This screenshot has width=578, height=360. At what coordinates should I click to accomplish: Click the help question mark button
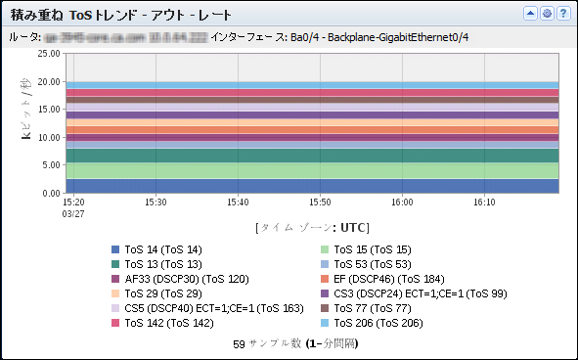(x=563, y=14)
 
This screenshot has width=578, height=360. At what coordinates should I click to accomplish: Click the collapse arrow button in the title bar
(x=531, y=14)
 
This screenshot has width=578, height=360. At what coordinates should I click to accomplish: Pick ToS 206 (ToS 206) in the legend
(x=378, y=322)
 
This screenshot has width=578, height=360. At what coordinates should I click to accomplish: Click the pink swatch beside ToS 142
(x=115, y=322)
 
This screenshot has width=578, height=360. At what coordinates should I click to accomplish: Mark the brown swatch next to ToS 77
(x=325, y=307)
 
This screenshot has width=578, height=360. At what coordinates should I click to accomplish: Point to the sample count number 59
(x=240, y=344)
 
